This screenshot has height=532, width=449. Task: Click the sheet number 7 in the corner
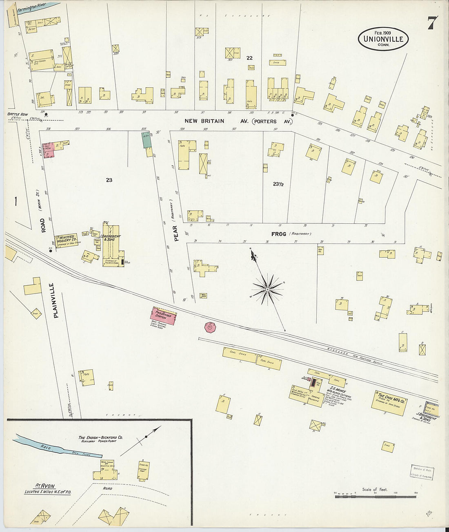432,24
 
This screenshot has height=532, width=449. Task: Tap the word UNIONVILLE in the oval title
383,39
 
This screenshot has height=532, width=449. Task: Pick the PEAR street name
177,234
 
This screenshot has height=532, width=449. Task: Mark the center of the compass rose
267,290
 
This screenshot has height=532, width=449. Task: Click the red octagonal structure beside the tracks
210,327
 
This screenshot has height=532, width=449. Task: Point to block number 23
109,180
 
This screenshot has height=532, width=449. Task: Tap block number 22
249,58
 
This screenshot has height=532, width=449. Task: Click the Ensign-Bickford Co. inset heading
100,439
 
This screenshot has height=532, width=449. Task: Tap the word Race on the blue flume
45,447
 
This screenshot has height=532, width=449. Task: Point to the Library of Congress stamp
422,472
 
